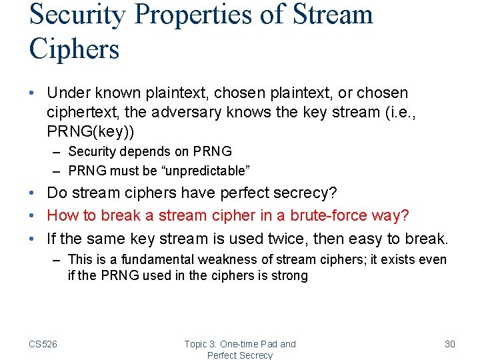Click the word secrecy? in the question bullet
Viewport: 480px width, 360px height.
(304, 193)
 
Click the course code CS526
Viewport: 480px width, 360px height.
(43, 344)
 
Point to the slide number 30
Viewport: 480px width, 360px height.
(449, 344)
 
